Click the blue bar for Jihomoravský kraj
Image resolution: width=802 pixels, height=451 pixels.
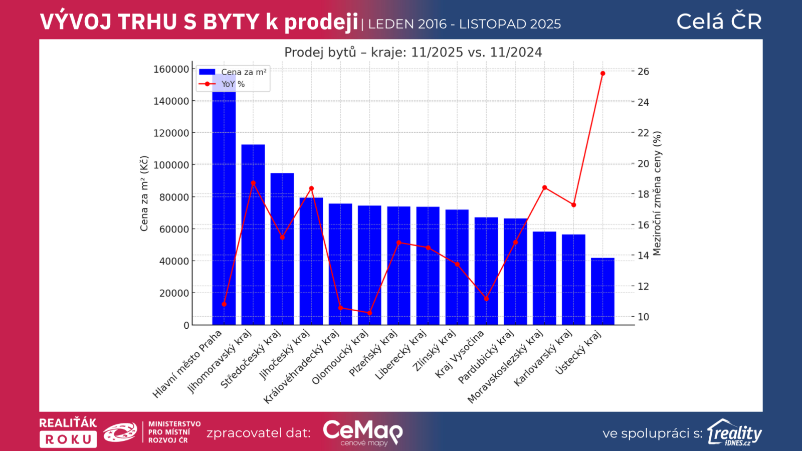tap(253, 236)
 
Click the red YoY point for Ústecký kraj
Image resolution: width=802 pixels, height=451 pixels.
tap(603, 74)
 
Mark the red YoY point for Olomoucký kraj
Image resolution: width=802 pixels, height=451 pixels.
tap(370, 313)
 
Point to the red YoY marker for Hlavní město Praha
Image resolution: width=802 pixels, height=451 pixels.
tap(224, 304)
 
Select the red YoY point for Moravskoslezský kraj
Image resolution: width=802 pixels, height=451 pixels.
tap(545, 188)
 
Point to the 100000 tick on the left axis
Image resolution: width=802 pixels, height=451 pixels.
tap(171, 165)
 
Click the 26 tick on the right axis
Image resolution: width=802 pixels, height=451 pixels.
tap(643, 72)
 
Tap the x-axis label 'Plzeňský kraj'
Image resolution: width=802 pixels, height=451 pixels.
tap(373, 353)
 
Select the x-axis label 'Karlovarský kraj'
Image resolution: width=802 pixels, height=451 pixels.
tap(543, 358)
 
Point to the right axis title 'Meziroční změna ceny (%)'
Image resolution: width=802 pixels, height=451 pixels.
tap(657, 193)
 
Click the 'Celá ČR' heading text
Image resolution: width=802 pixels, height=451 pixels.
tap(719, 22)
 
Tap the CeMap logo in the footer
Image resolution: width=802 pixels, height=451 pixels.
tap(362, 432)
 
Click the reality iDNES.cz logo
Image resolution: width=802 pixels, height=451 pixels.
tap(734, 432)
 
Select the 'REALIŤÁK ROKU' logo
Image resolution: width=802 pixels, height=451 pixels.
tap(68, 432)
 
